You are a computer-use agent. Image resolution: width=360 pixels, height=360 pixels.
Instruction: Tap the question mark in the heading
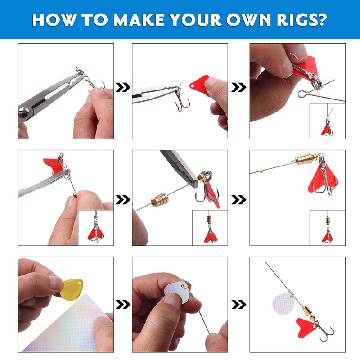(321, 19)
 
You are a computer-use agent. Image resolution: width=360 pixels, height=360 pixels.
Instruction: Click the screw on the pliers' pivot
(24, 112)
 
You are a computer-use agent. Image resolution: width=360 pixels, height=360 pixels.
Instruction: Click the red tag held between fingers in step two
(199, 84)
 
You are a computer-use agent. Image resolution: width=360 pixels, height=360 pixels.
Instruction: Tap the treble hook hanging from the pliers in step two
(182, 100)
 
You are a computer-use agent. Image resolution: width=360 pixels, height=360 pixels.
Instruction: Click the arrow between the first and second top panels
(123, 87)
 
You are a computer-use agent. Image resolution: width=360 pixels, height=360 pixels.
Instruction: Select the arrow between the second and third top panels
(239, 87)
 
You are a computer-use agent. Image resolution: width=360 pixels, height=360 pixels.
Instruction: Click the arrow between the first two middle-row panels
(123, 200)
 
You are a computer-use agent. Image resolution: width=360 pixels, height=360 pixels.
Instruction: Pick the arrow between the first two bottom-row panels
(123, 305)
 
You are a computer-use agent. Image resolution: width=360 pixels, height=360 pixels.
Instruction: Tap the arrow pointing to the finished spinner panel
(239, 305)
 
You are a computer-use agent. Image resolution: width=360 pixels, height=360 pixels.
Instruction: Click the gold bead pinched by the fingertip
(75, 195)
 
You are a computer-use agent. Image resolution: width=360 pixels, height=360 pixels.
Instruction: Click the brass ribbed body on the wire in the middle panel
(160, 200)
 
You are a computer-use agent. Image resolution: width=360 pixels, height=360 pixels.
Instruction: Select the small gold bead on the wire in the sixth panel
(261, 171)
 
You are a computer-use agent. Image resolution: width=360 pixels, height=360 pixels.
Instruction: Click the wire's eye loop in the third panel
(302, 93)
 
